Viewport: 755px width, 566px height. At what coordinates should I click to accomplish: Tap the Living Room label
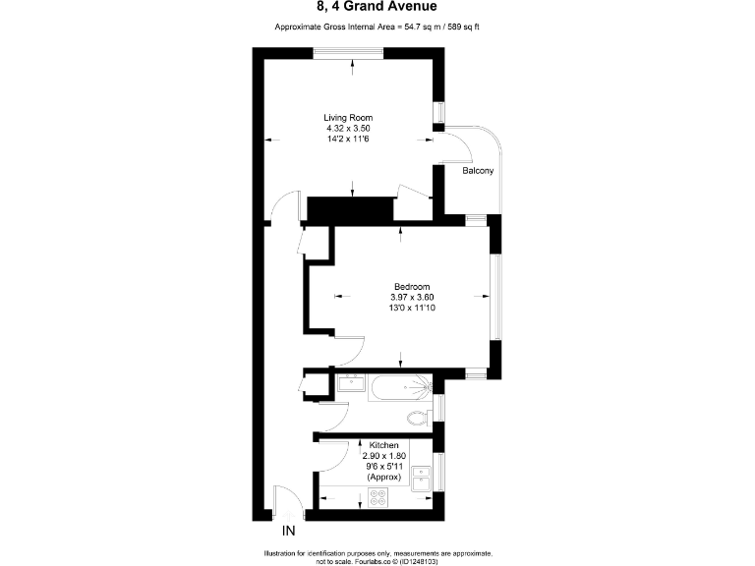[350, 118]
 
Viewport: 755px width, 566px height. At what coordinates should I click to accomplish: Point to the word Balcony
[478, 171]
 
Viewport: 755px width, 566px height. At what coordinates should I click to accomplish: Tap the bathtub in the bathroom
[399, 391]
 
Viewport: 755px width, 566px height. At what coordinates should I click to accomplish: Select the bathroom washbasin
[350, 383]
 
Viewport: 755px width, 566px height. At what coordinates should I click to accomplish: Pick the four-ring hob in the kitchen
[377, 497]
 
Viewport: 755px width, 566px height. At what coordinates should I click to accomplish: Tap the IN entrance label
[289, 532]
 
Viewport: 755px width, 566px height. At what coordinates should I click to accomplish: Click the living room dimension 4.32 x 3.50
[350, 129]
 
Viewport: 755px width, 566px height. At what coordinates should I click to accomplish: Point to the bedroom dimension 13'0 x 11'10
[411, 308]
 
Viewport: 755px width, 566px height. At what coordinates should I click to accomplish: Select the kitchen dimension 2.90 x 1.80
[384, 456]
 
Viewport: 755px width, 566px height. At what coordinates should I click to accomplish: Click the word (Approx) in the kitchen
[384, 477]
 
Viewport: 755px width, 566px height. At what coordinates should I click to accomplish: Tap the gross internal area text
[377, 28]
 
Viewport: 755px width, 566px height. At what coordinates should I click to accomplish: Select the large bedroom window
[496, 296]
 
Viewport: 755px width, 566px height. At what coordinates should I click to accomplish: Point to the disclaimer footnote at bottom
[377, 557]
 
